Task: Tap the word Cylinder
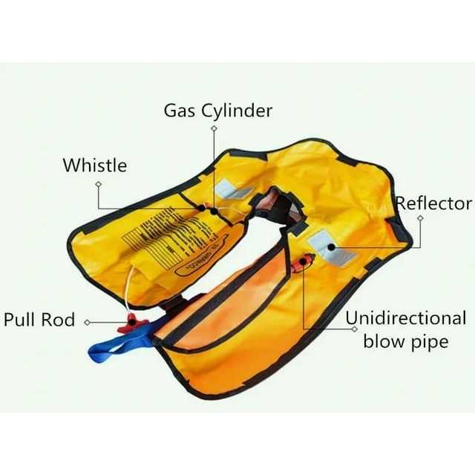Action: (x=237, y=112)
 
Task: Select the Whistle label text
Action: (x=94, y=165)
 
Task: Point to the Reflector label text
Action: (x=433, y=203)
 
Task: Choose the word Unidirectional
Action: (x=406, y=319)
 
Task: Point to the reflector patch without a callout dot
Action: (x=236, y=192)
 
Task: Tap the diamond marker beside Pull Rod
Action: (x=87, y=322)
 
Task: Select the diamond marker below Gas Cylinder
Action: (x=214, y=128)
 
